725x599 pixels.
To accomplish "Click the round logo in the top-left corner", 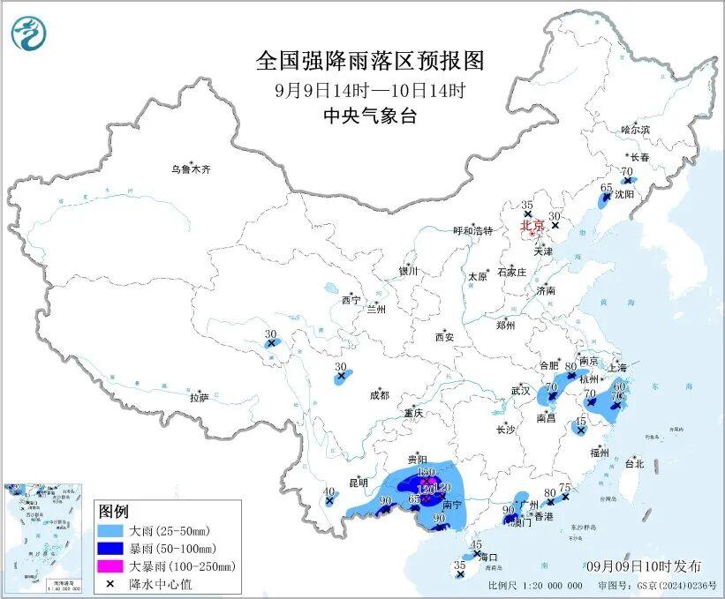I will click(x=29, y=33).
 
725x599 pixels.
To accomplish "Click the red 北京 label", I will click(x=532, y=226).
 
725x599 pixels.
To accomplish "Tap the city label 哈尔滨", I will click(x=634, y=130).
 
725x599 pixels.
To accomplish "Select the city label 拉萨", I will click(x=199, y=398).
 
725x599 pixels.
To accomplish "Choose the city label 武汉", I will click(x=521, y=390).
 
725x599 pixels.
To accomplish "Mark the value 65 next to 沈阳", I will click(x=607, y=188).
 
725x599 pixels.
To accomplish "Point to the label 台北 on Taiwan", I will click(x=634, y=463).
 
